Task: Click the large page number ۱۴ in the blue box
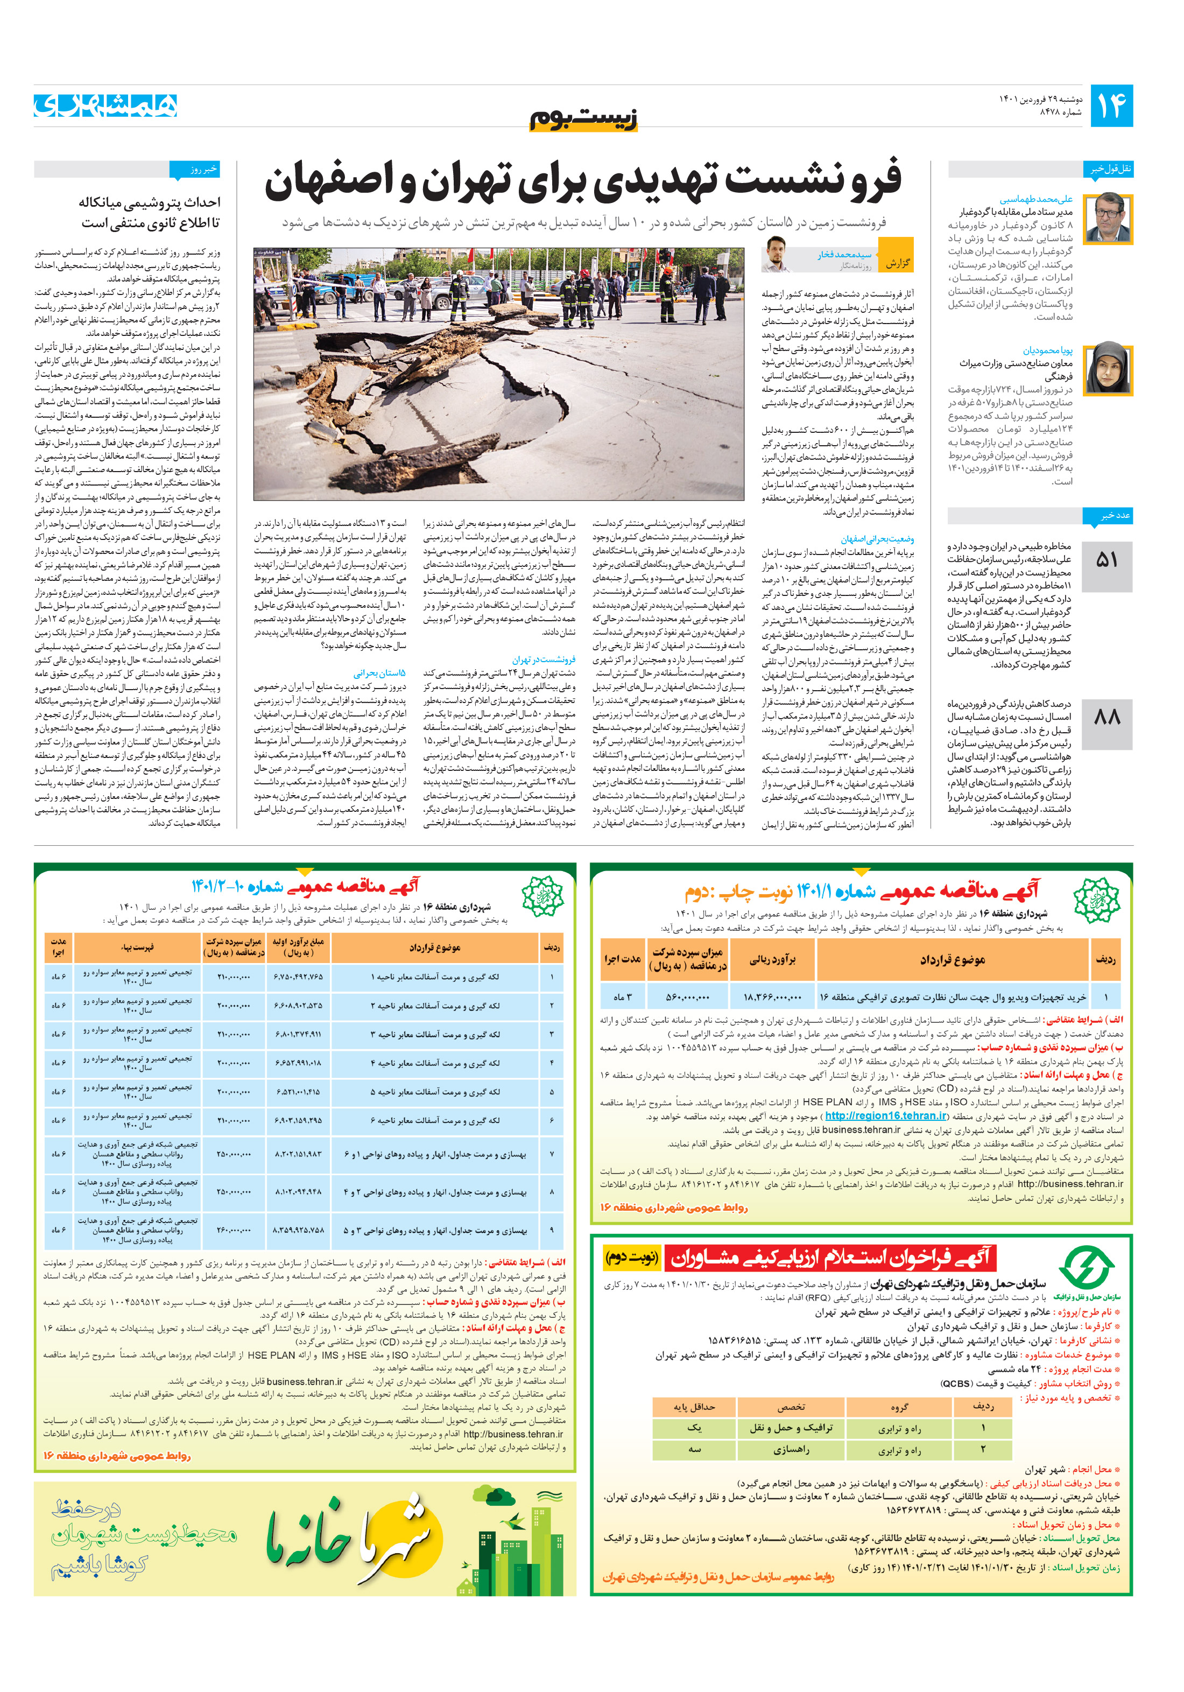[1111, 106]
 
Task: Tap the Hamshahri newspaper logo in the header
[105, 106]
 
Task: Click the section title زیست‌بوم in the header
[583, 118]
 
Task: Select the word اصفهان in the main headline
[334, 182]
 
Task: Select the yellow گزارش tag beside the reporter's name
[897, 262]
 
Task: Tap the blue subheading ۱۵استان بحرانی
[379, 673]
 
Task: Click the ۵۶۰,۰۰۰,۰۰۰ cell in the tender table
[687, 997]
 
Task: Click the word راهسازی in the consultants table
[791, 1450]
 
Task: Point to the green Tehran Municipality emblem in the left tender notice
[542, 897]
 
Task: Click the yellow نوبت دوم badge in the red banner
[631, 1257]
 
